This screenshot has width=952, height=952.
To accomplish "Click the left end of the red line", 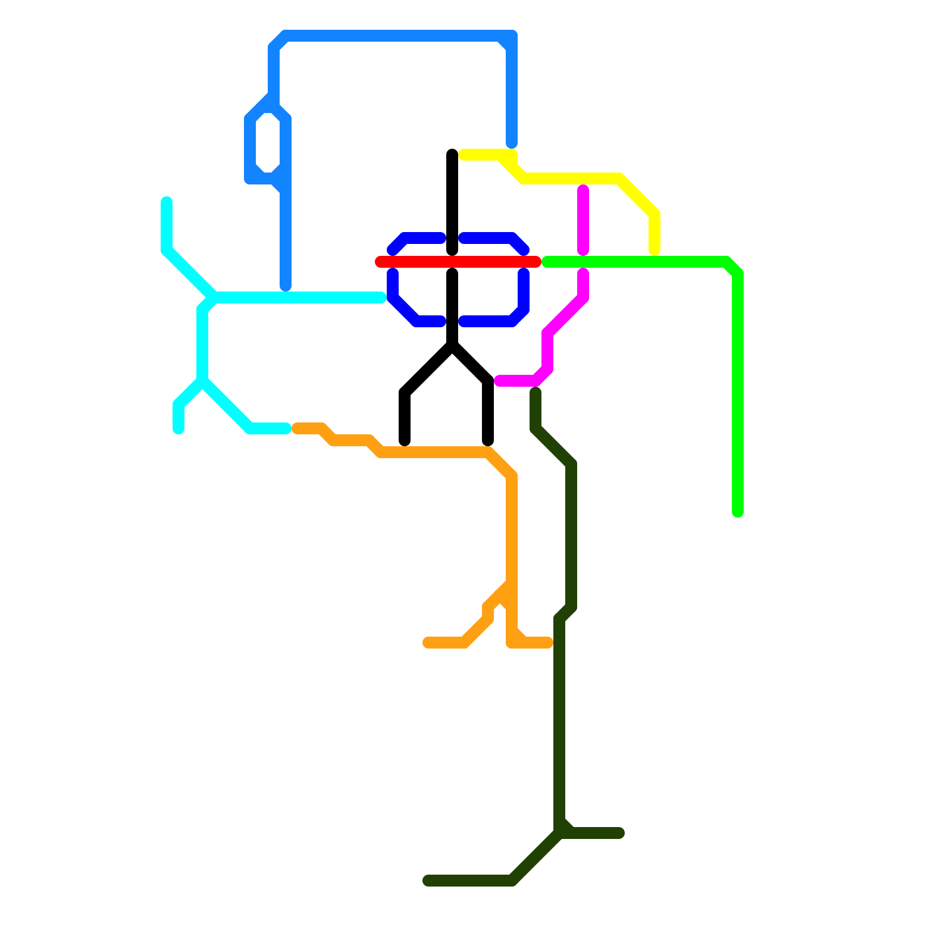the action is (x=380, y=262).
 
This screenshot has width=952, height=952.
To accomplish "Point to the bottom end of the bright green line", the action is (x=738, y=512).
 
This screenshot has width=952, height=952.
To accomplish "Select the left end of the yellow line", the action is (x=464, y=155).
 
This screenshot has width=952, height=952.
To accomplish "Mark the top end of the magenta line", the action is (x=583, y=190).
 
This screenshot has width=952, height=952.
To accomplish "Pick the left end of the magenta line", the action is (x=499, y=381).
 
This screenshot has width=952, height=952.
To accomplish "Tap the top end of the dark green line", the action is (x=535, y=392).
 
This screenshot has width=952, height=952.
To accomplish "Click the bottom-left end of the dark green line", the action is (x=428, y=881).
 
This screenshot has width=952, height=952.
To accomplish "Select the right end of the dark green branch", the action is (x=619, y=833).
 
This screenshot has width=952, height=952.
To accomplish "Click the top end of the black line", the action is (x=452, y=154).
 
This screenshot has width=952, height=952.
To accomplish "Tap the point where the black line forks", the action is (x=452, y=345).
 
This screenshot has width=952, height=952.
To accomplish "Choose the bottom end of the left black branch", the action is (x=405, y=441).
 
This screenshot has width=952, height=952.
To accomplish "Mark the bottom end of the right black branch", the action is (x=488, y=441).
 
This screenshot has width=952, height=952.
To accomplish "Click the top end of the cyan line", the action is (x=167, y=202).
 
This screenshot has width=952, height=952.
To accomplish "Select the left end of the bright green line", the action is (x=546, y=262).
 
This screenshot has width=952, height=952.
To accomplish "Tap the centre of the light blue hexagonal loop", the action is (x=268, y=143).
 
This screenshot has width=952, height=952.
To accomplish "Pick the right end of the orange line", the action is (x=548, y=643).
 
